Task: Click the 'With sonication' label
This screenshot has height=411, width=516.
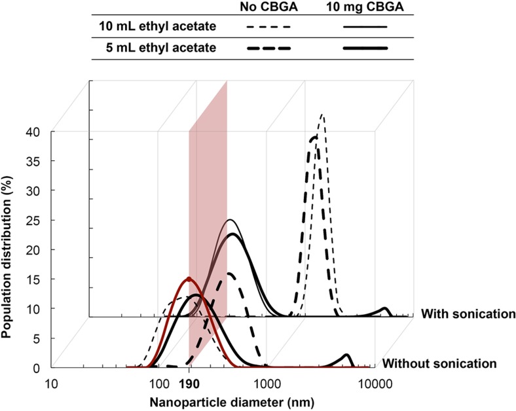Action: pyautogui.click(x=468, y=313)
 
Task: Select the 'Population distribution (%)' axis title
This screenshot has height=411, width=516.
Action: pyautogui.click(x=12, y=249)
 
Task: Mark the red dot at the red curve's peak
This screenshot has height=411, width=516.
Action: pyautogui.click(x=189, y=279)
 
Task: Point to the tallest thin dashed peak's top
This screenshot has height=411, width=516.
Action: pyautogui.click(x=322, y=115)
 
